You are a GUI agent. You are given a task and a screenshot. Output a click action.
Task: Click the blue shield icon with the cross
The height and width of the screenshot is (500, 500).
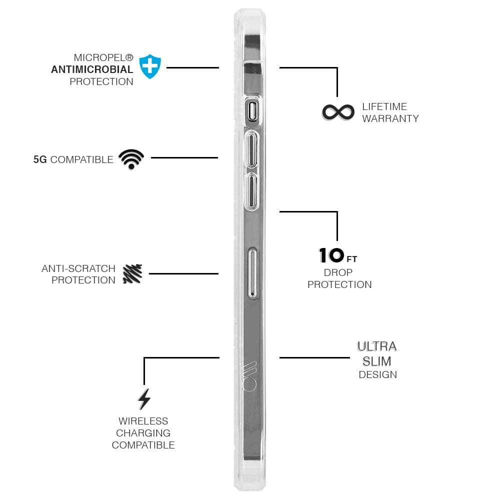[x=150, y=66]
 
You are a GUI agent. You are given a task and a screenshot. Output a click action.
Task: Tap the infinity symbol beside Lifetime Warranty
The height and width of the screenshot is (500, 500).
[x=338, y=112]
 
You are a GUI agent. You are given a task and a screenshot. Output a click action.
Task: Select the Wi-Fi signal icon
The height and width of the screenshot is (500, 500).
[x=131, y=159]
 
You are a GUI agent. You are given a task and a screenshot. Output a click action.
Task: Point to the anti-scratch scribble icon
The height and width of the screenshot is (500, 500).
[x=132, y=274]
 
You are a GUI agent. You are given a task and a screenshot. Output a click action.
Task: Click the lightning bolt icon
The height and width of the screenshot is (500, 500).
[x=144, y=399]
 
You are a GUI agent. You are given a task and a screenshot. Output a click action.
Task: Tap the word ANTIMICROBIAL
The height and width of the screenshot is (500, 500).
[x=92, y=69]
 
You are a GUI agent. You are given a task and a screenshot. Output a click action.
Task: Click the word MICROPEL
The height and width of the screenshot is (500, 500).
[x=99, y=57]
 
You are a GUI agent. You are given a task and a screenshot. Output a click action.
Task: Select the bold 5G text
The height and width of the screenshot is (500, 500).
[x=40, y=159]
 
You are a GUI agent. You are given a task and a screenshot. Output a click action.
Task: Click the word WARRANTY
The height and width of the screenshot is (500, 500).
[x=390, y=118]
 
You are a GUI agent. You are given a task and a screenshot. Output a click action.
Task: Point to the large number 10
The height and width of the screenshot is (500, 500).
[x=331, y=255]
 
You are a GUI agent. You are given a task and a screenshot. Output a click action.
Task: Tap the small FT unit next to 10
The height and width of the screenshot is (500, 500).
[x=352, y=259]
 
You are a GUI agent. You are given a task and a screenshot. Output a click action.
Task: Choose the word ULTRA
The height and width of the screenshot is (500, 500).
[x=377, y=346]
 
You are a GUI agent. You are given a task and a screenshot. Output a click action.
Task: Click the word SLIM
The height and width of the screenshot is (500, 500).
[x=377, y=361]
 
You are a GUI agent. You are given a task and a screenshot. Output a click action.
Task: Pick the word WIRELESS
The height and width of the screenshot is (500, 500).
[x=143, y=421]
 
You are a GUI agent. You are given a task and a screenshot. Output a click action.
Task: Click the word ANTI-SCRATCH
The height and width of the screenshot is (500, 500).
[x=78, y=268]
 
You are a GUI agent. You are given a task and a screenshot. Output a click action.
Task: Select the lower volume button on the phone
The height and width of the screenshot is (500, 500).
[x=252, y=192]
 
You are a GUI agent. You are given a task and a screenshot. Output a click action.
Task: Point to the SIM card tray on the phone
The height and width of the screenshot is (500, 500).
[x=252, y=273]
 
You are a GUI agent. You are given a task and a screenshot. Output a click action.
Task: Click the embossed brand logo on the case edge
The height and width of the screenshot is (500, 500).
[x=249, y=376]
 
